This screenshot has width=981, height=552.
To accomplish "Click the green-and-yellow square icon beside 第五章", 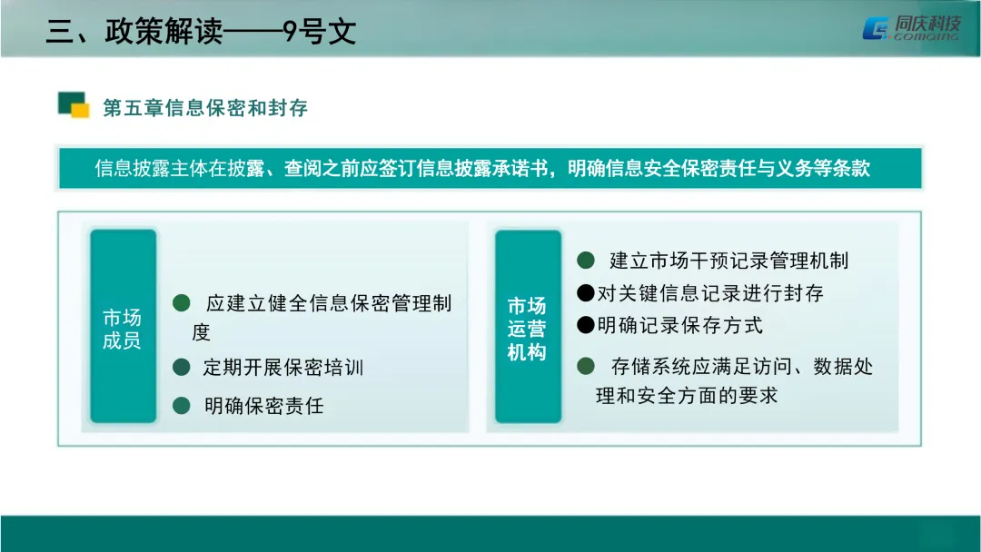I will tap(73, 105).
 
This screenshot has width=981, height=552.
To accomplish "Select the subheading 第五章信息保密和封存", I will tap(205, 108).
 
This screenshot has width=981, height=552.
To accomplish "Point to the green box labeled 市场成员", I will tap(123, 328).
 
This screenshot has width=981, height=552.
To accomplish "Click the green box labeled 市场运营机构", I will tap(527, 328).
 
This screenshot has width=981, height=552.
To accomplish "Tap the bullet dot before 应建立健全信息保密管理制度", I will tap(182, 301).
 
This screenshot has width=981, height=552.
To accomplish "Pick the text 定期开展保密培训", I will tap(282, 368).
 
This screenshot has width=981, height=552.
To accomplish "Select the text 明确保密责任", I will tap(263, 406).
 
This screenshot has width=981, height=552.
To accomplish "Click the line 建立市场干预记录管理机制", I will tap(728, 261).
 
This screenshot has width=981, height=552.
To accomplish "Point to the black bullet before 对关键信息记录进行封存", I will tap(586, 293).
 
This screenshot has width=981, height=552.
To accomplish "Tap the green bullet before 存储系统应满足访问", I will tap(587, 366).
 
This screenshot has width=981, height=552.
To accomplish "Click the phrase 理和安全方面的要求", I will tap(687, 396).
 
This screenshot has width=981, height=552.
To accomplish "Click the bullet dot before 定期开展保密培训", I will tap(182, 368).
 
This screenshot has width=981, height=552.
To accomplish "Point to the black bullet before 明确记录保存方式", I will tap(586, 325).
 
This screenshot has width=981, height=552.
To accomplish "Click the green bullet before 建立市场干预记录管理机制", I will tap(587, 261).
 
